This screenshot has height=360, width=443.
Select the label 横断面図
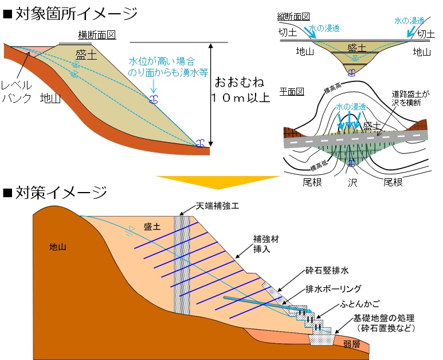[x=97, y=34]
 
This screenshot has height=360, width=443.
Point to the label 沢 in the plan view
[x=352, y=182]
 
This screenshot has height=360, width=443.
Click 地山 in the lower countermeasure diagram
[x=58, y=247]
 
